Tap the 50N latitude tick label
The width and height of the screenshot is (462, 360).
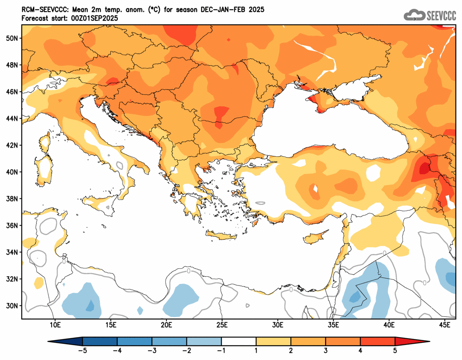coord(12,38)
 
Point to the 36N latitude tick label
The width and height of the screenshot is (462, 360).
coord(12,225)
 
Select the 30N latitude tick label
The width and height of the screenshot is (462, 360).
coord(12,306)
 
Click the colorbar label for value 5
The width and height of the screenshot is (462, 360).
coord(395,351)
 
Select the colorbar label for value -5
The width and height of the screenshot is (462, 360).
coord(82,351)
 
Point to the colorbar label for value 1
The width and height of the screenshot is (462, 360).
coord(256,351)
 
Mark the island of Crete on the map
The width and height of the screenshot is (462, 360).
coord(221,237)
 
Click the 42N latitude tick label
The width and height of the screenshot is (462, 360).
coord(12,145)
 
